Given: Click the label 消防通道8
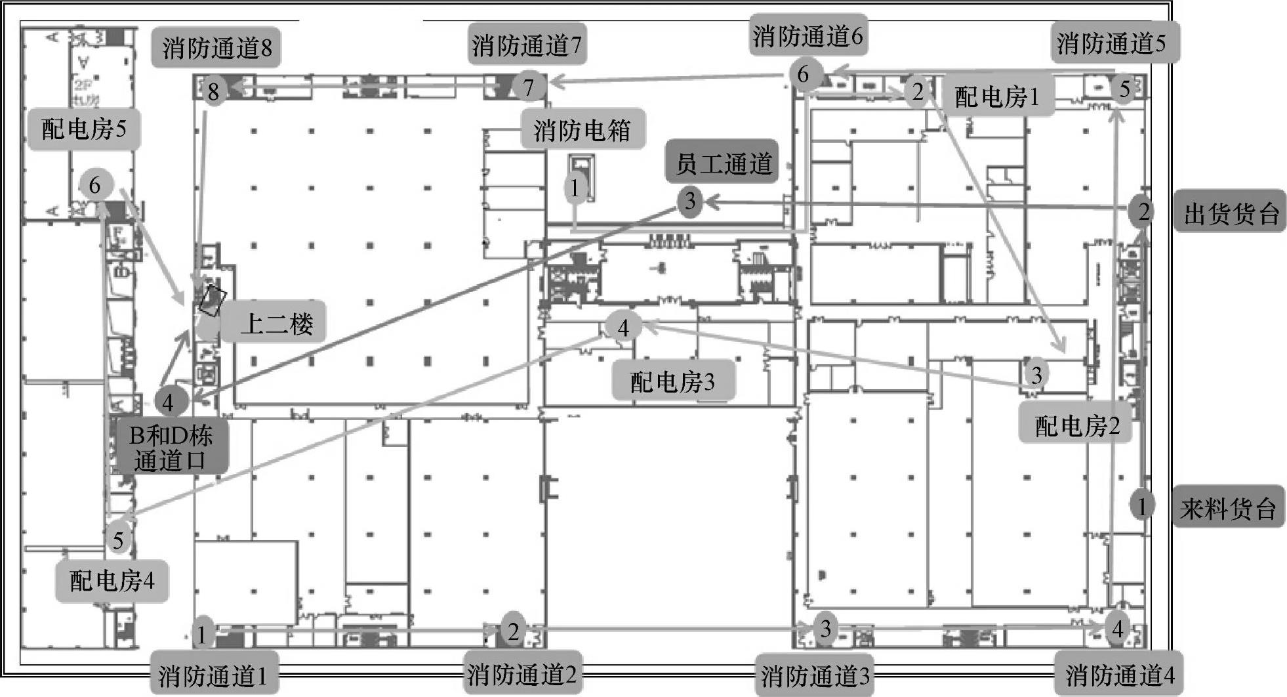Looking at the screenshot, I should click(x=216, y=47).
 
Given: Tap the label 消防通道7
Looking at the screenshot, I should click(x=527, y=45).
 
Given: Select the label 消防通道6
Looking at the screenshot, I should click(x=807, y=36).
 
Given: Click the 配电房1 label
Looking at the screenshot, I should click(x=997, y=96).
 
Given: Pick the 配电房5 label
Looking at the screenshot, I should click(x=84, y=128).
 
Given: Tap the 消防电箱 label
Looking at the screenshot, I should click(x=582, y=130).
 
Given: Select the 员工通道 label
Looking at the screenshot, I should click(x=723, y=163).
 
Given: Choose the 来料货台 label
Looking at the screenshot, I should click(x=1228, y=508).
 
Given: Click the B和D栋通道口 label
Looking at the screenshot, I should click(x=171, y=448).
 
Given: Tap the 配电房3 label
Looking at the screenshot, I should click(x=672, y=381).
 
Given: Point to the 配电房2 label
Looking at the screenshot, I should click(x=1076, y=425).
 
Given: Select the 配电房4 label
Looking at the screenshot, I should click(x=112, y=580).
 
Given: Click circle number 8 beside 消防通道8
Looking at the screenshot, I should click(x=213, y=91).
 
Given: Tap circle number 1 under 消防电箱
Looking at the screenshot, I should click(x=575, y=188).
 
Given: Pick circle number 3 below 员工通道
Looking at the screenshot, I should click(x=689, y=200).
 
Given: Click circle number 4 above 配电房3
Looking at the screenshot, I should click(x=623, y=327).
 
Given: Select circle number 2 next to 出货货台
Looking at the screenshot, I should click(x=1143, y=211).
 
